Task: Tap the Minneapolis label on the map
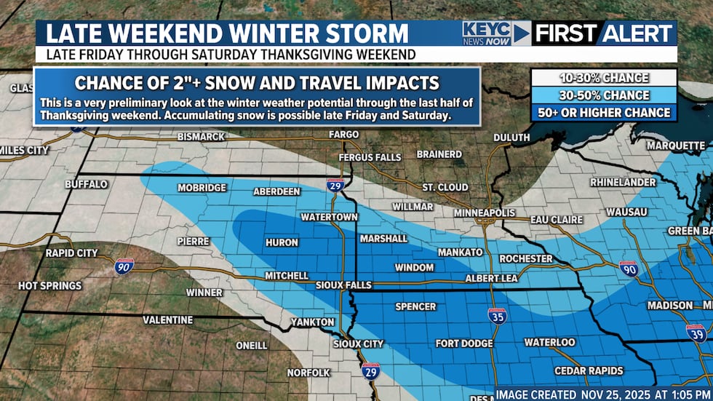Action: (485, 213)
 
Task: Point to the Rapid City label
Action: (71, 253)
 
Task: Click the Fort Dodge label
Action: (464, 343)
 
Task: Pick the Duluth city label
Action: (511, 137)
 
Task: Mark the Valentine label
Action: (167, 319)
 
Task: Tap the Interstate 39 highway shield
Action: (696, 333)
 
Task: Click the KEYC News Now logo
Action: (488, 33)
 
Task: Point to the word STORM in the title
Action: (368, 33)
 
